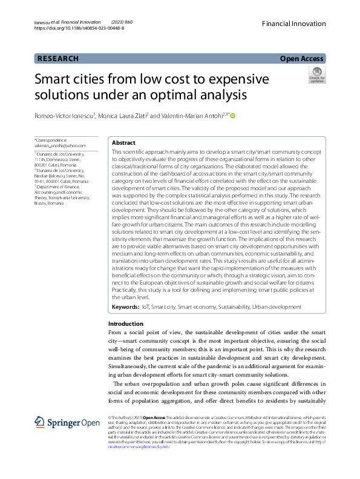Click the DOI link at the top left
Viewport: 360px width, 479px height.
(x=79, y=28)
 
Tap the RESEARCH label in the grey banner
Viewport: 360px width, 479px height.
(x=58, y=59)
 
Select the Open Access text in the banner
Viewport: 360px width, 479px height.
(x=301, y=59)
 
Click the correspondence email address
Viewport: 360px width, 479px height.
(x=59, y=145)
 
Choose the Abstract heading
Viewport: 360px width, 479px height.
(x=123, y=142)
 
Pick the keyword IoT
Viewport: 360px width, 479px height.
(x=146, y=308)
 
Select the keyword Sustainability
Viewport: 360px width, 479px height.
(x=233, y=308)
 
